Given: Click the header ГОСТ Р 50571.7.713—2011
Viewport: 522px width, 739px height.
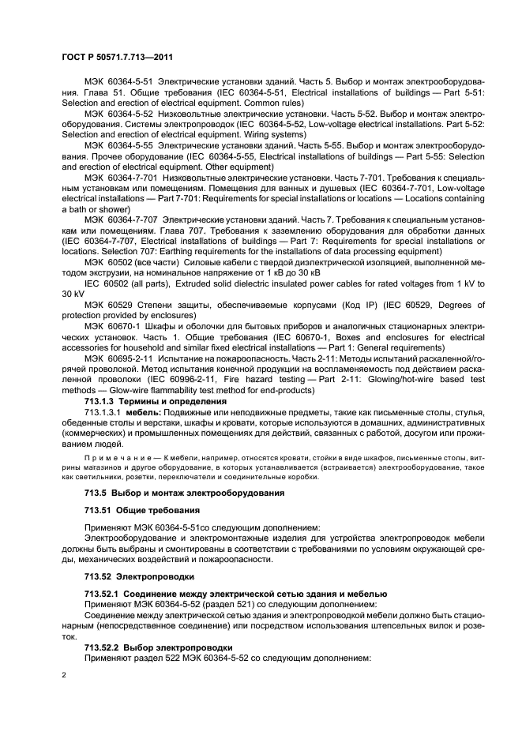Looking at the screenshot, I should coord(116,58).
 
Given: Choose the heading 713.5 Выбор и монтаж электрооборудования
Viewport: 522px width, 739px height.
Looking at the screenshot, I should coord(174,493).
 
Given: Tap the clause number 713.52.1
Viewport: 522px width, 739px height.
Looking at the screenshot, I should coord(102,592).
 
